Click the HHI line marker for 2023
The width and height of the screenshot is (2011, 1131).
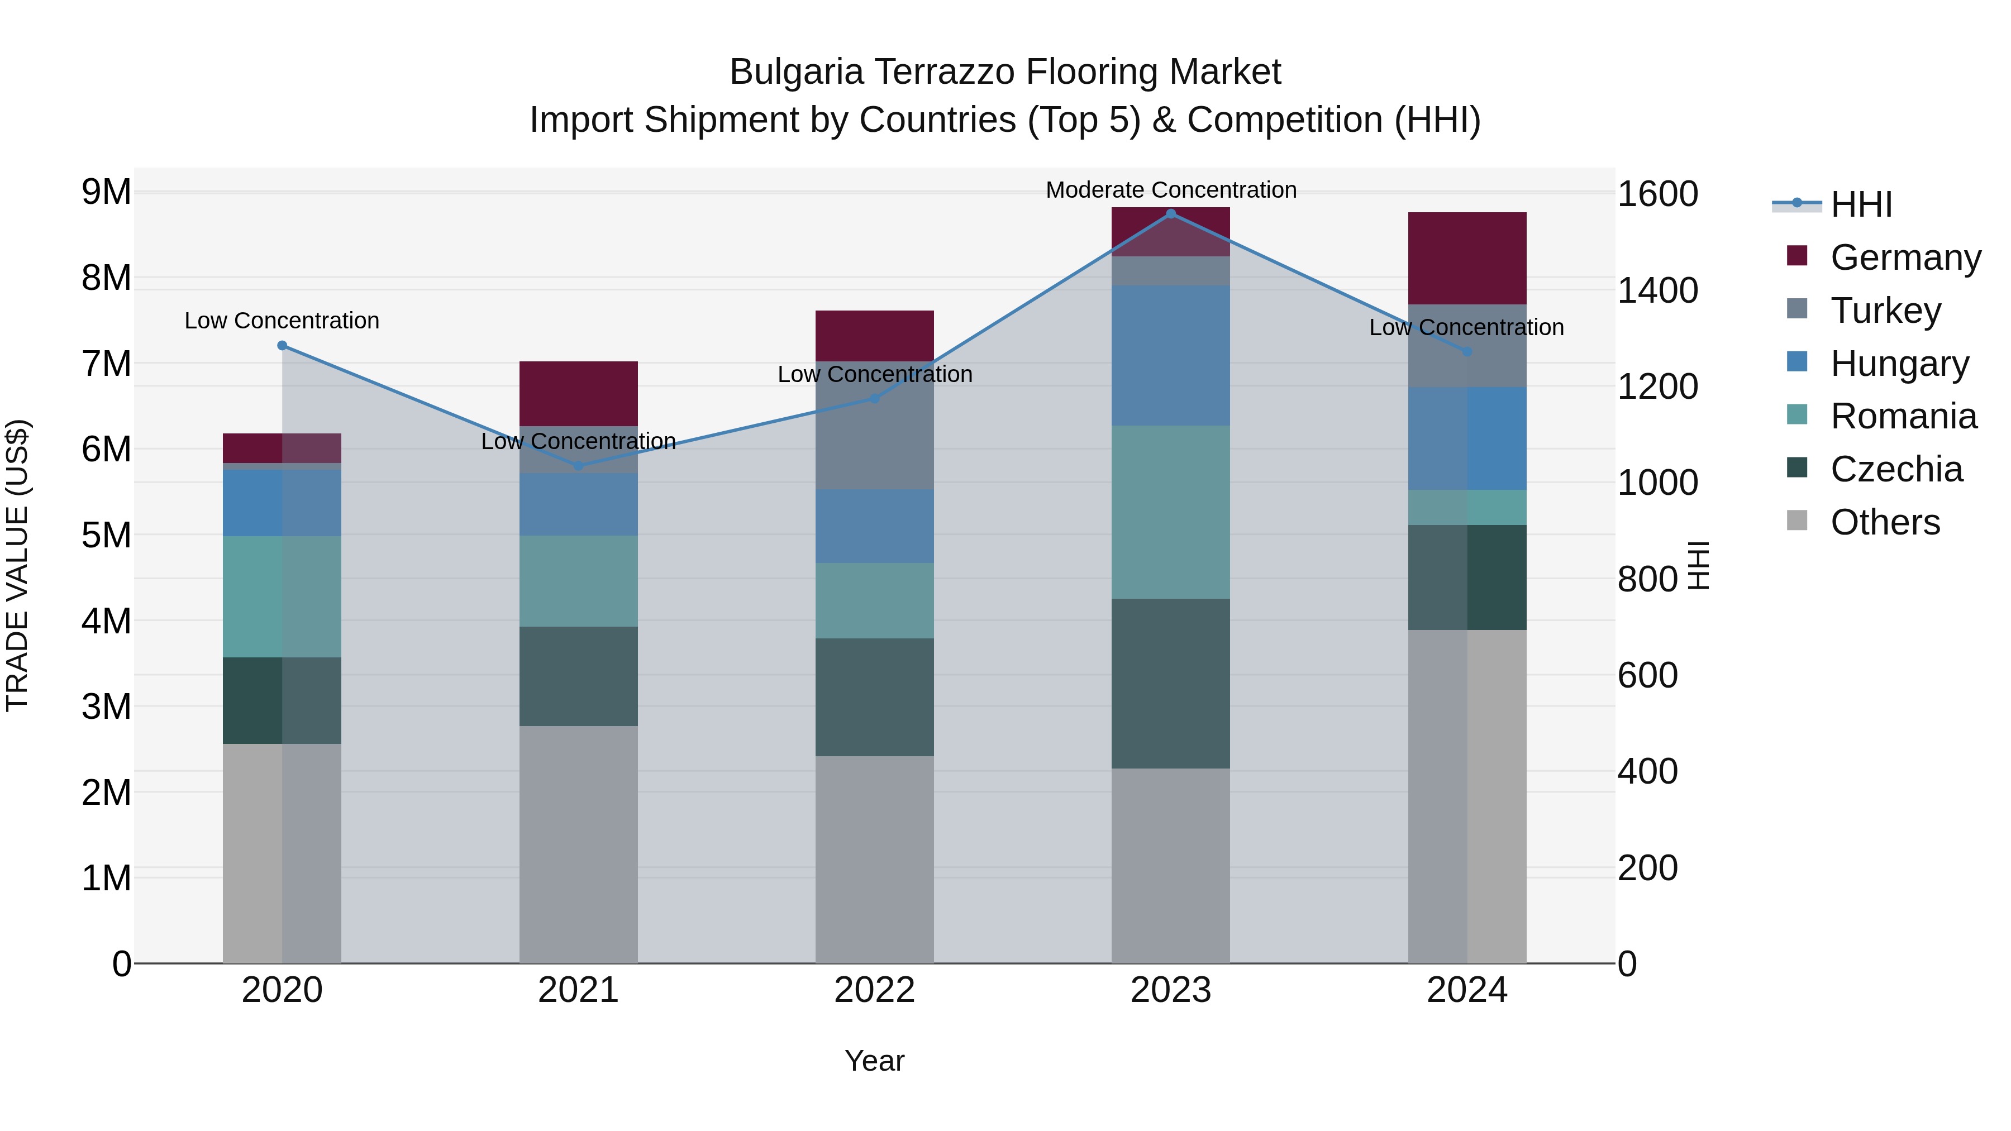[1170, 213]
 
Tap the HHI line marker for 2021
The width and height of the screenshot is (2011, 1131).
[579, 466]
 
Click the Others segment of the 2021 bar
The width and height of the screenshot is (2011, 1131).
[579, 844]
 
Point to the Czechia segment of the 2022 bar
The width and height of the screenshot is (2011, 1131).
[874, 696]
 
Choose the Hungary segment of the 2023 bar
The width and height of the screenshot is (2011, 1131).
[1170, 355]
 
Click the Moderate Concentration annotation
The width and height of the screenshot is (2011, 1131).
[1170, 190]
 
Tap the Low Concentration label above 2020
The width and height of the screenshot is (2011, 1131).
[282, 321]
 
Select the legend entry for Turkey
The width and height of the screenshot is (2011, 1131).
[1885, 311]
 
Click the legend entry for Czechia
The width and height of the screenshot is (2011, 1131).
[1895, 469]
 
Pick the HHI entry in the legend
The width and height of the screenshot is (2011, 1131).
[1860, 204]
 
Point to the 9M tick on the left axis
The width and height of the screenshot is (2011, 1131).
[106, 192]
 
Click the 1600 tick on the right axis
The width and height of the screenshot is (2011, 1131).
[1657, 194]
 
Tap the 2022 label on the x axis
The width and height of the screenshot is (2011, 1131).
[874, 990]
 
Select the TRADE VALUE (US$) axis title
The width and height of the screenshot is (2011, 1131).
[17, 565]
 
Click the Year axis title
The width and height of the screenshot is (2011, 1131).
[874, 1061]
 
